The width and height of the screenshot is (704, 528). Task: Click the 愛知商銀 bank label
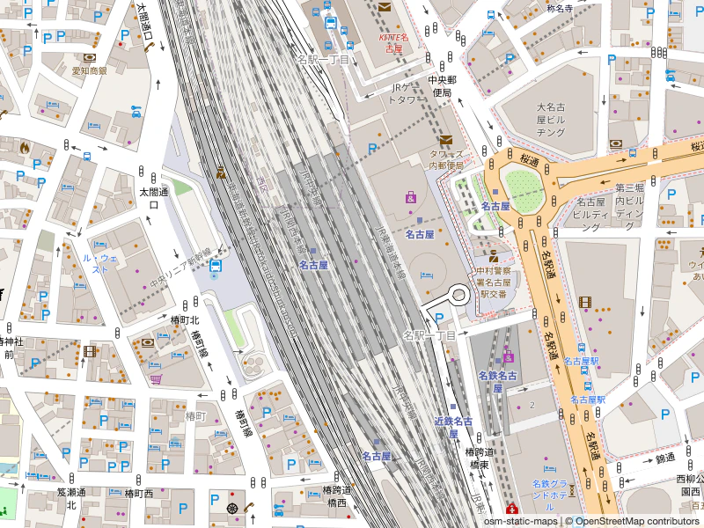point(89,70)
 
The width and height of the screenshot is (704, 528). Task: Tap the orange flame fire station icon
point(24,147)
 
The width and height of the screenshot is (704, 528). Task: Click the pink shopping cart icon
point(156,379)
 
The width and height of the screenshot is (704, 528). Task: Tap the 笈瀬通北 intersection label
point(71,498)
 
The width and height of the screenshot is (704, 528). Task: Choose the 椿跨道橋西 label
point(336,496)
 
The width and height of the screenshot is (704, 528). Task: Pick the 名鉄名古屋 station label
point(496,381)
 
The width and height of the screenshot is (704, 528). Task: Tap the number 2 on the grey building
point(532,404)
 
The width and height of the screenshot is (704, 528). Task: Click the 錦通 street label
point(664,458)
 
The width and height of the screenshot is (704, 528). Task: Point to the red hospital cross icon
point(514,510)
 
